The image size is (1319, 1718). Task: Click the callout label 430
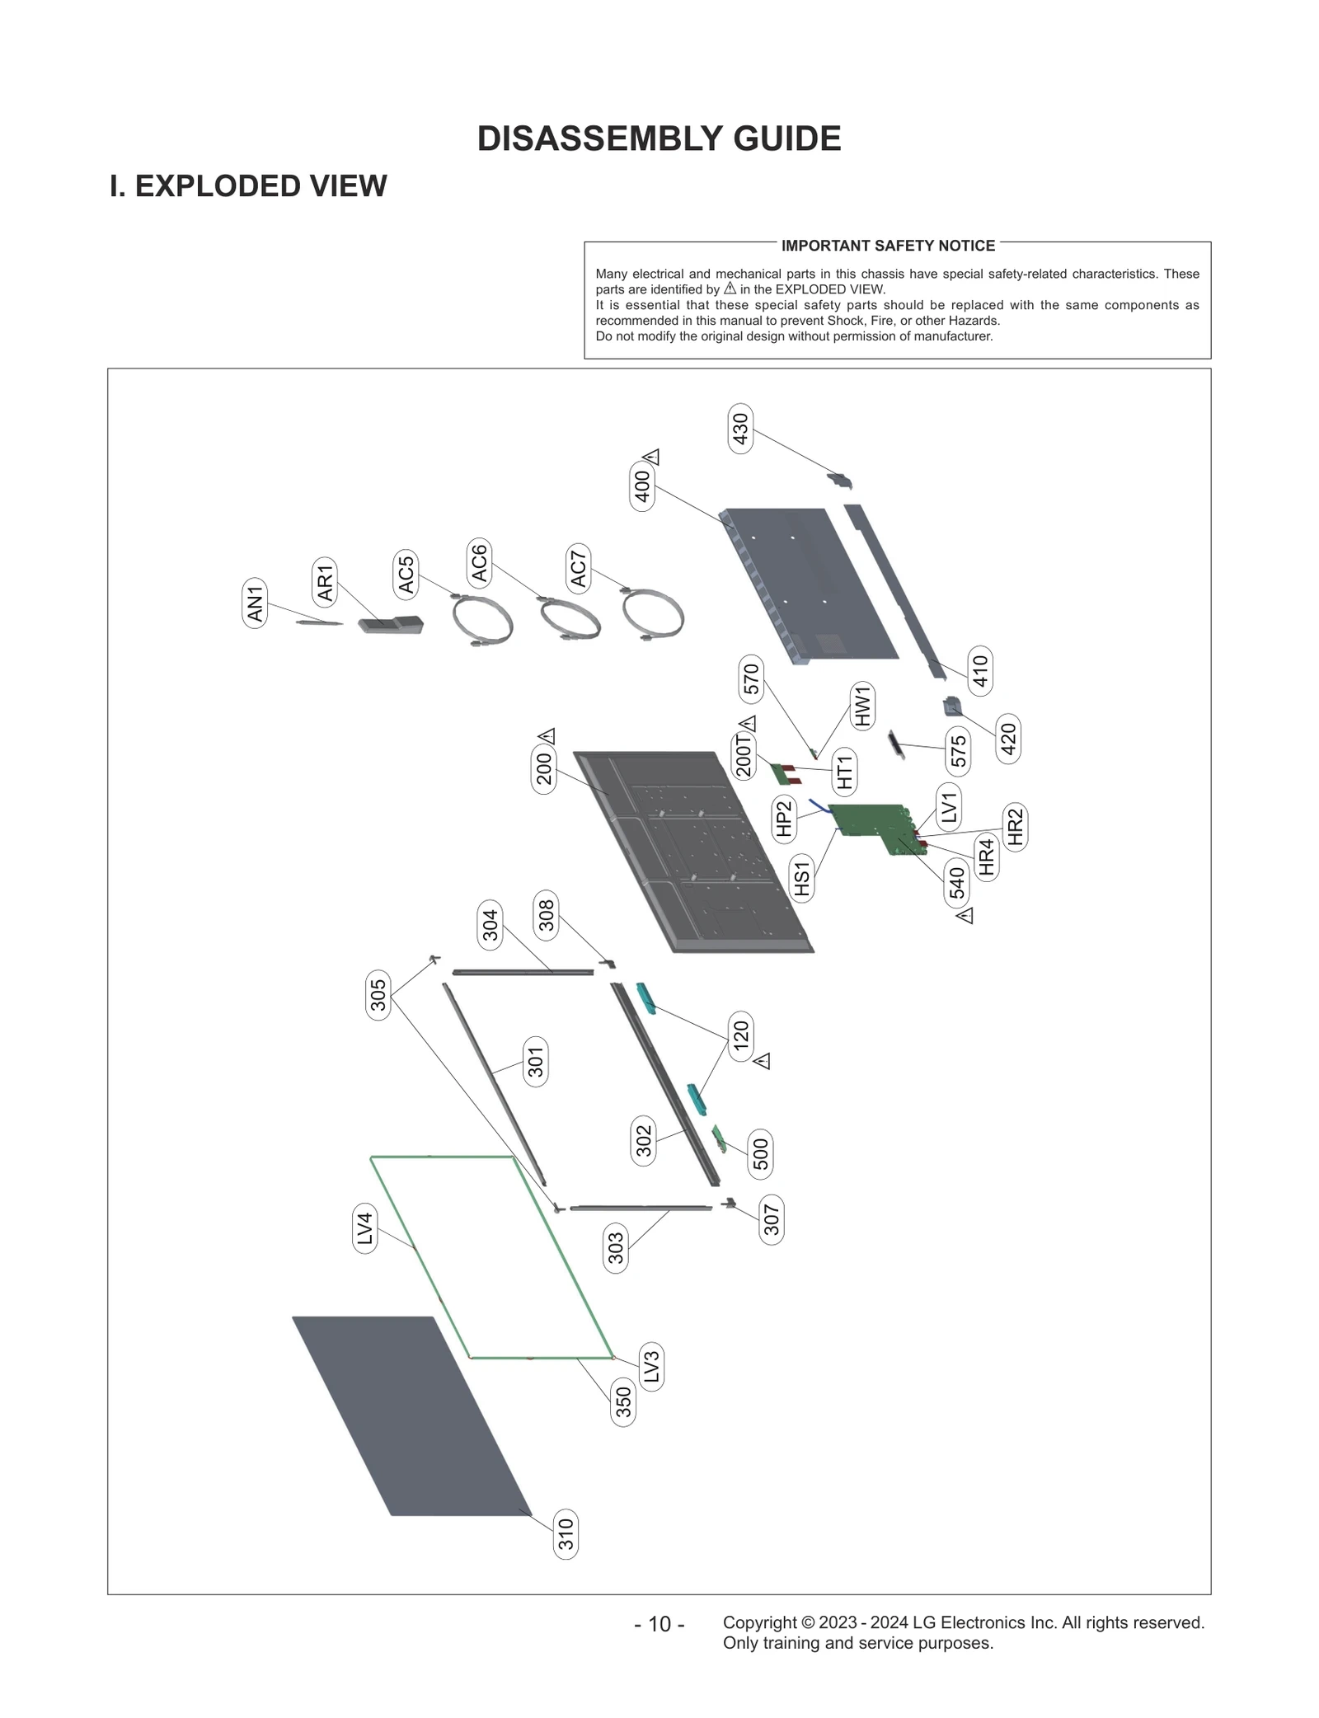[x=740, y=428]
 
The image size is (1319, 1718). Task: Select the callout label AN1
[x=255, y=603]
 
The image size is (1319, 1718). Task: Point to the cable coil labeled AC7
[x=654, y=615]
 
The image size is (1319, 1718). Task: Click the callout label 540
[x=956, y=883]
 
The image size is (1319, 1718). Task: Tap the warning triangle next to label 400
[x=651, y=456]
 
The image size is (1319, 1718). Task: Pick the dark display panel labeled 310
[x=412, y=1414]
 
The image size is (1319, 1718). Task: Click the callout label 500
[x=760, y=1153]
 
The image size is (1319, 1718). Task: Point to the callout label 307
[x=771, y=1220]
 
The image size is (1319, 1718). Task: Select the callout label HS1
[x=802, y=877]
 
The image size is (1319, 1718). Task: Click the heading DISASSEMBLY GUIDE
[x=659, y=138]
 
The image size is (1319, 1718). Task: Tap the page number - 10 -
[x=659, y=1624]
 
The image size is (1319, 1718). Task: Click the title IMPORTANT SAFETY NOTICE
[x=888, y=246]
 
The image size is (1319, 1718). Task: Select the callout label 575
[x=958, y=752]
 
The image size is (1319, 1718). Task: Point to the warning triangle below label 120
[x=763, y=1061]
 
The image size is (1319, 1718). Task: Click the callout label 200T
[x=744, y=756]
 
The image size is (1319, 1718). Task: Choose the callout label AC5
[x=405, y=575]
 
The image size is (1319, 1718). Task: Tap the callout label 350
[x=623, y=1402]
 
